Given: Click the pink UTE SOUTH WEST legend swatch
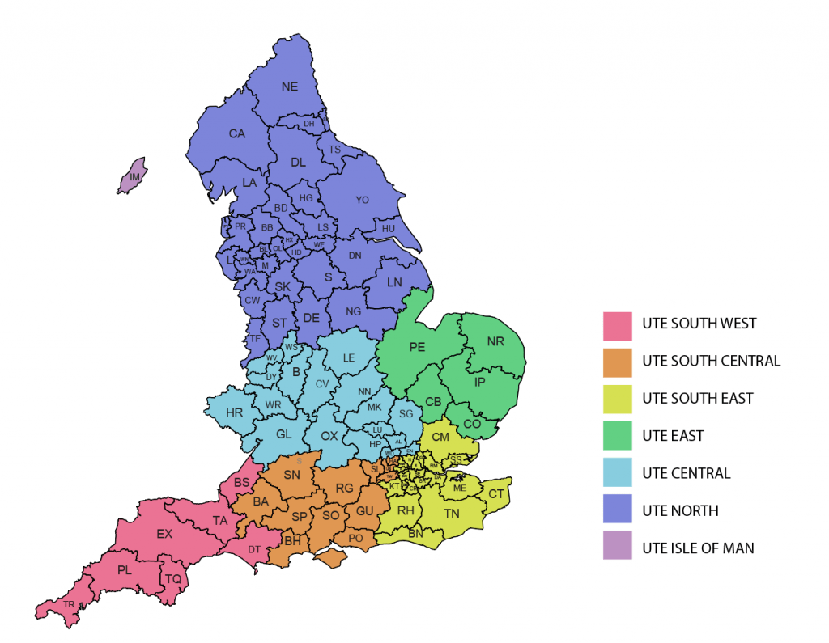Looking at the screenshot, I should (617, 324).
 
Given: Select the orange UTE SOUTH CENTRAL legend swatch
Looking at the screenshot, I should (617, 362).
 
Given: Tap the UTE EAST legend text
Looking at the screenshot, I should (673, 436).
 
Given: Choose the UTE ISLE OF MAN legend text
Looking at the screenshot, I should (698, 548).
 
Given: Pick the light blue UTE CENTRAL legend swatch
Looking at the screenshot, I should (617, 473).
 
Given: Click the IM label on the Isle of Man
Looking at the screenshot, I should (135, 176).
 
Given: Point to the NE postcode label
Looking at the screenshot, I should (289, 87).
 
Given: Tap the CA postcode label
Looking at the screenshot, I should (236, 134).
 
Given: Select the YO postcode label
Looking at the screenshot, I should (362, 200).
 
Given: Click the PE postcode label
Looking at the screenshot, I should (417, 348).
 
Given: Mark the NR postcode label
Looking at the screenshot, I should (495, 342).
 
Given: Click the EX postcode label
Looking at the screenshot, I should (164, 534).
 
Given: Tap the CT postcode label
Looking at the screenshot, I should (496, 494).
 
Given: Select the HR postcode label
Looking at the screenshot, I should (235, 412).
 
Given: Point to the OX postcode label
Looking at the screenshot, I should (329, 436).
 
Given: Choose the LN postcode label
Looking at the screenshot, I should (394, 282).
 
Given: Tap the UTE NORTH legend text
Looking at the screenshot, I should (680, 511).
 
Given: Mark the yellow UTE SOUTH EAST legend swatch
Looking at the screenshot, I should (617, 399).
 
